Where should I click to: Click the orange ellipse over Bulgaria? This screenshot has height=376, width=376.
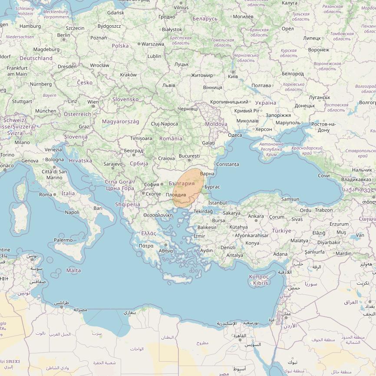188,188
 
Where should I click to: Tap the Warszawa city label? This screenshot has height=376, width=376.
152,44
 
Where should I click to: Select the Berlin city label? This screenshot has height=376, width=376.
63,35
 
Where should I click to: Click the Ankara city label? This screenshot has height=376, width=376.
256,216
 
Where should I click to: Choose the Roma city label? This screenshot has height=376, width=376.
46,195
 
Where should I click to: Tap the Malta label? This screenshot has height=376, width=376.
73,270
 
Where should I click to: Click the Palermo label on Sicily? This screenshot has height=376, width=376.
63,240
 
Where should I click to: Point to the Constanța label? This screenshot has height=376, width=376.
228,165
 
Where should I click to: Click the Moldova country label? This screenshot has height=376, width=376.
216,124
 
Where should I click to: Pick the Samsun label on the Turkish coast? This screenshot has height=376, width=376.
290,199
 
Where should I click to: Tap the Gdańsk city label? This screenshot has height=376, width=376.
115,13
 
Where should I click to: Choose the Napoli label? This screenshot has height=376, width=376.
72,212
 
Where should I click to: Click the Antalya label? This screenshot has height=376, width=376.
235,255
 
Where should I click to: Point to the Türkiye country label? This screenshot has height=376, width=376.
281,231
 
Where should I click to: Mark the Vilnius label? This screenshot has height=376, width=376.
181,7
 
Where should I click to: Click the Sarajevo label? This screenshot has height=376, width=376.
113,164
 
